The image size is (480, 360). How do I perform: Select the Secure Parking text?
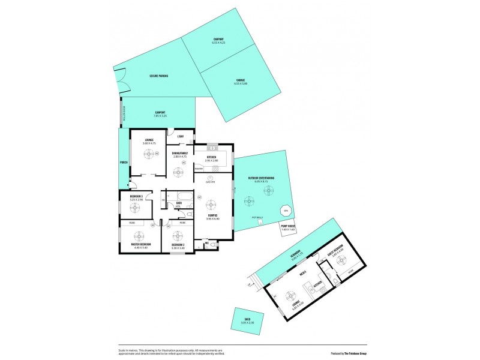pos(159,76)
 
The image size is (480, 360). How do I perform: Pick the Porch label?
pos(124,162)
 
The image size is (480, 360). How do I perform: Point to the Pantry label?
pos(199,169)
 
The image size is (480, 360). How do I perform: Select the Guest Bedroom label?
pos(335,247)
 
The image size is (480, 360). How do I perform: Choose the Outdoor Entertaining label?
pos(261,178)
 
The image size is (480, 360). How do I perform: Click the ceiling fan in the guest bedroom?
pos(342,260)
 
